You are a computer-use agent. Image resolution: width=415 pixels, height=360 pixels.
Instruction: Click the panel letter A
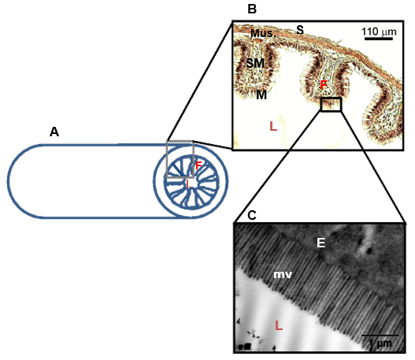pyautogui.click(x=54, y=132)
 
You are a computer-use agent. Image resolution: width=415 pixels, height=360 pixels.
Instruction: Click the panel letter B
pyautogui.click(x=252, y=9)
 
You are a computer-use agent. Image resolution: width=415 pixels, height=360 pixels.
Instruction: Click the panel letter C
pyautogui.click(x=252, y=215)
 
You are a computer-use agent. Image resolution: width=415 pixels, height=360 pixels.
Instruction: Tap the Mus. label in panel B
pyautogui.click(x=263, y=33)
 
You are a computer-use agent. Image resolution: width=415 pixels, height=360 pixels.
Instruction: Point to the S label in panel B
pyautogui.click(x=300, y=30)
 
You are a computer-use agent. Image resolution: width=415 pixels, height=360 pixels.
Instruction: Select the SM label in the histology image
pyautogui.click(x=255, y=63)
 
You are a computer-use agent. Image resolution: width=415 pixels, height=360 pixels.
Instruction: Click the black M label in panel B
pyautogui.click(x=261, y=95)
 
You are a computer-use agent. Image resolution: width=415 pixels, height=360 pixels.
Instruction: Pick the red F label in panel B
pyautogui.click(x=324, y=85)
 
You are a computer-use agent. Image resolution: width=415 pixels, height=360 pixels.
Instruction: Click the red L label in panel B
pyautogui.click(x=273, y=126)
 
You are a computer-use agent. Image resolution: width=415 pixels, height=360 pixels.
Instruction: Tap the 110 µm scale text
pyautogui.click(x=379, y=32)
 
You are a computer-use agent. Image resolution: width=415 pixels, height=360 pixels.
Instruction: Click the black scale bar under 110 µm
pyautogui.click(x=379, y=39)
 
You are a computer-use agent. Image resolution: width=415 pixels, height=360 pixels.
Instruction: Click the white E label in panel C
pyautogui.click(x=321, y=243)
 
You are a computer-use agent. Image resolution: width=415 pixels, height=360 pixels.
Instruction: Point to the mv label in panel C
pyautogui.click(x=283, y=274)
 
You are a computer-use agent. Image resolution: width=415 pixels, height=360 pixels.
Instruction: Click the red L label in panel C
pyautogui.click(x=279, y=325)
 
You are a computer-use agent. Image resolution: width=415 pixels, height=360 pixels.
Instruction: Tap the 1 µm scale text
pyautogui.click(x=380, y=343)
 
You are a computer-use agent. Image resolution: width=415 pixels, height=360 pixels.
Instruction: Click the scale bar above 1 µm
pyautogui.click(x=380, y=336)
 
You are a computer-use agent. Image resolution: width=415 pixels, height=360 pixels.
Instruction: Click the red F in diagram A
pyautogui.click(x=198, y=165)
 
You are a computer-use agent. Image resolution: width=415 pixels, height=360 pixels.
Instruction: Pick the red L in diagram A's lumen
pyautogui.click(x=188, y=184)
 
